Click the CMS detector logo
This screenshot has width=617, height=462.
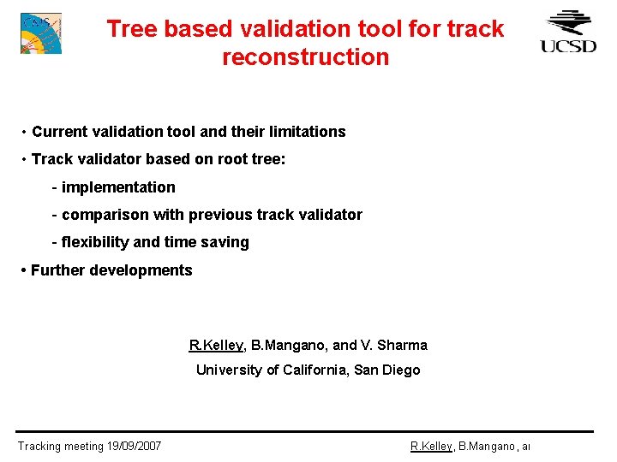[x=40, y=33]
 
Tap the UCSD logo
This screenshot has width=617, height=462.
[x=568, y=32]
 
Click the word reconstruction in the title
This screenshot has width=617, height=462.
[x=305, y=57]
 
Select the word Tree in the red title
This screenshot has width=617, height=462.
[x=131, y=28]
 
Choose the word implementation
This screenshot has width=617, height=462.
[x=118, y=187]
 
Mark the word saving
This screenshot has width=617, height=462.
[x=226, y=242]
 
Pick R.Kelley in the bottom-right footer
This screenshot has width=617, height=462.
[x=431, y=446]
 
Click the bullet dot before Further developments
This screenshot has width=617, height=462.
[x=23, y=270]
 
